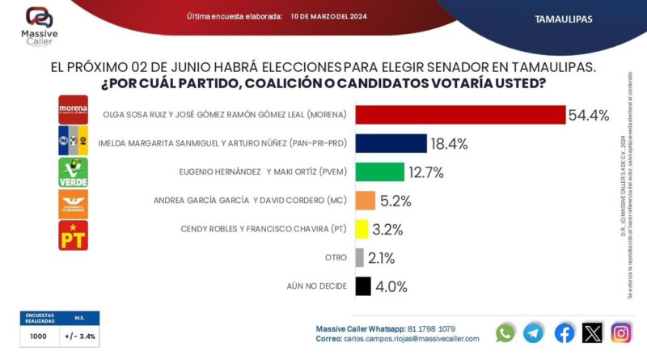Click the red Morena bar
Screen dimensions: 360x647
coord(459,115)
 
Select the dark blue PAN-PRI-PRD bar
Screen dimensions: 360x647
coord(391,144)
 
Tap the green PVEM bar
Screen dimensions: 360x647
coord(379,172)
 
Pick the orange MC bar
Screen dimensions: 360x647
coord(365,201)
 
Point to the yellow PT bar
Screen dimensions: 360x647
coord(362,229)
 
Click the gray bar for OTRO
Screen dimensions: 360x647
coord(359,257)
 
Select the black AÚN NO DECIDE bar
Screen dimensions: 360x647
coord(362,286)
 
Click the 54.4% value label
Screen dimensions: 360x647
coord(588,115)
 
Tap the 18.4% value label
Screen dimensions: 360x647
coord(449,144)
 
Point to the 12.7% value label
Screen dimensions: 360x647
coord(426,172)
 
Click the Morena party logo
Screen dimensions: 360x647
coord(73,108)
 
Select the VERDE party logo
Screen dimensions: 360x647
coord(73,172)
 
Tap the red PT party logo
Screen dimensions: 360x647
coord(73,235)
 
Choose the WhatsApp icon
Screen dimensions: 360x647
coord(505,332)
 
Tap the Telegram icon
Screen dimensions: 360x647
coord(534,332)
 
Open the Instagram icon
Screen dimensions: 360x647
coord(621,332)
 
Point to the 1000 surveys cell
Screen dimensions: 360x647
coord(38,336)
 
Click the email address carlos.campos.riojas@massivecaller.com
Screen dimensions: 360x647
coord(408,339)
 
